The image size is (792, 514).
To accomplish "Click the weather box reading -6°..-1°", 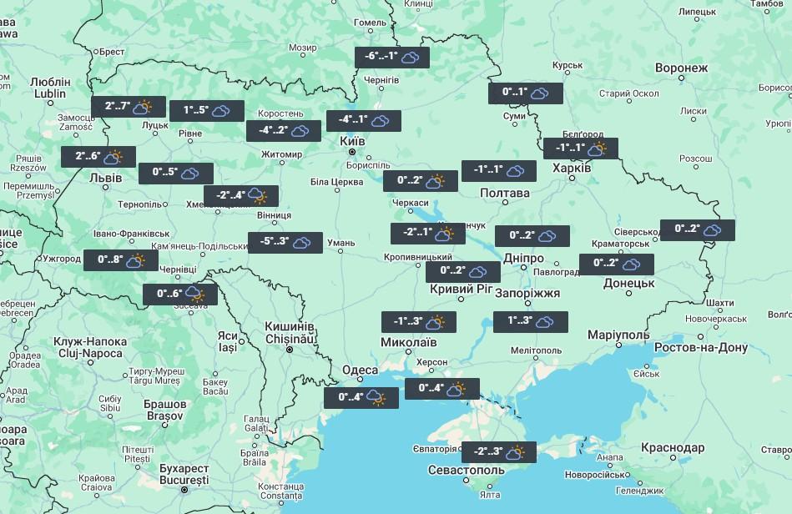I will tap(392, 58).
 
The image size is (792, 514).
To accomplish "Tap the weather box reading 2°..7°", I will tap(129, 107).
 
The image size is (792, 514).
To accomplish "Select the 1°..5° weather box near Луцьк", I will tap(207, 111).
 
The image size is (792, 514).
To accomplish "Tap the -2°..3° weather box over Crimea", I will tap(498, 452).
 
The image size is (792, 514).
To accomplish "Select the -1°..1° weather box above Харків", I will tap(581, 149).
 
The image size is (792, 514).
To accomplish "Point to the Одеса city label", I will tap(360, 370).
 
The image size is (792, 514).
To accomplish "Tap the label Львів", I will tap(105, 178).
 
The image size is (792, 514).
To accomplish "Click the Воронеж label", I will tap(681, 68).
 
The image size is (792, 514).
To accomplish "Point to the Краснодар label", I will tap(673, 448).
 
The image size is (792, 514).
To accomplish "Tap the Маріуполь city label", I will tap(618, 335).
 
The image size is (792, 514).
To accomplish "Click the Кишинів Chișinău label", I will tap(289, 332).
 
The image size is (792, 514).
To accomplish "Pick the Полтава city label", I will tap(505, 193).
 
